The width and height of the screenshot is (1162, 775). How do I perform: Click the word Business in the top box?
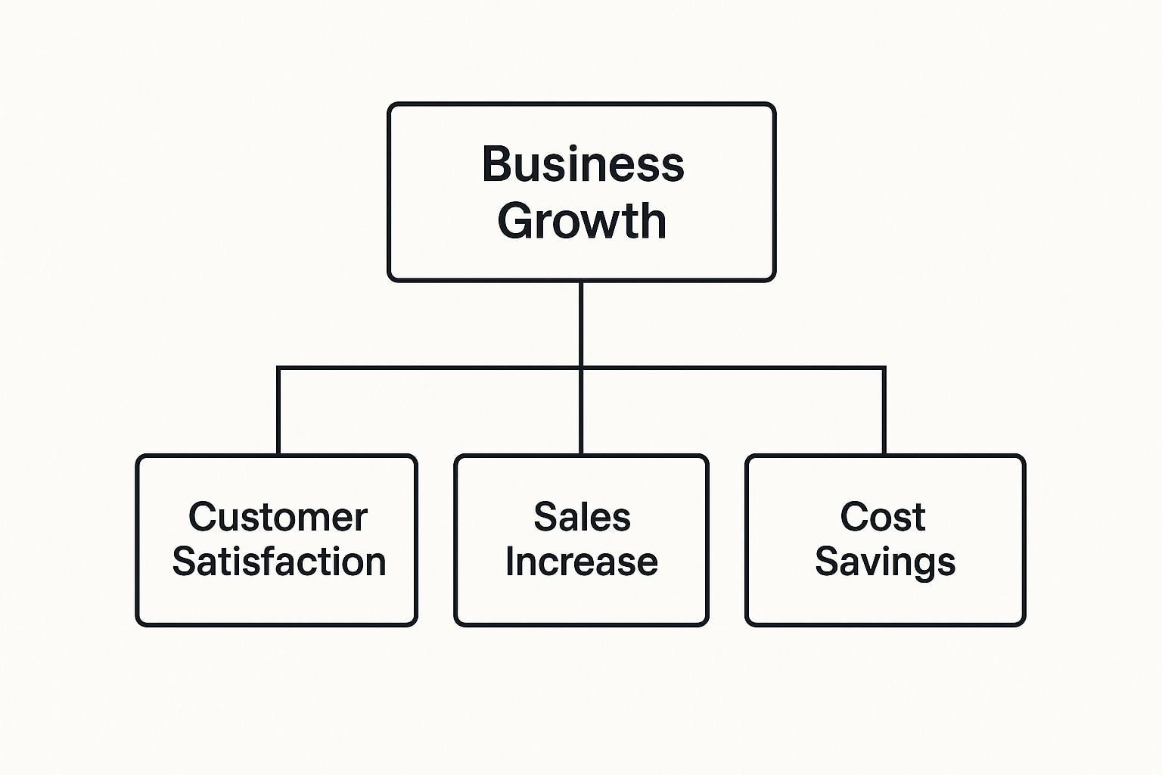pos(583,164)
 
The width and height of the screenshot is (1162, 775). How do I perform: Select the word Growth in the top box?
pos(581,221)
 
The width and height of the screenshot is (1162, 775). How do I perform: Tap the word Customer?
pos(278,518)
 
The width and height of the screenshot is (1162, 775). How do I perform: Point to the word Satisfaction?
pos(279,562)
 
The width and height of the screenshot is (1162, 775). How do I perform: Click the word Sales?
pos(582,518)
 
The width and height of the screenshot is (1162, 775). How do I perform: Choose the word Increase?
pos(581,562)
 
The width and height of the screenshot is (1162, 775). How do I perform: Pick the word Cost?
pos(882,518)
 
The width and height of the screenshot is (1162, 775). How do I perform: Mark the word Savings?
pos(884,562)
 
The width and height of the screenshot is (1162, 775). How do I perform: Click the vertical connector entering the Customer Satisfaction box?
pos(278,412)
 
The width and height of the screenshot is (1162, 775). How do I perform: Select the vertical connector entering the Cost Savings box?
pos(884,412)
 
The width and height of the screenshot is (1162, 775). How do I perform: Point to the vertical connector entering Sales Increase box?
pos(581,412)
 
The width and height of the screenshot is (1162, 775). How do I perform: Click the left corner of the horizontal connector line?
pos(278,369)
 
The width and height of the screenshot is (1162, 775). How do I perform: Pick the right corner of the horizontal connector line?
pos(884,369)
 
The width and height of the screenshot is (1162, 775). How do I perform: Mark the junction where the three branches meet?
pos(581,369)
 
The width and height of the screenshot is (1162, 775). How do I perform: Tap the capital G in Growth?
pos(514,221)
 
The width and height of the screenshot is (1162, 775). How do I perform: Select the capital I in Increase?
pos(511,562)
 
